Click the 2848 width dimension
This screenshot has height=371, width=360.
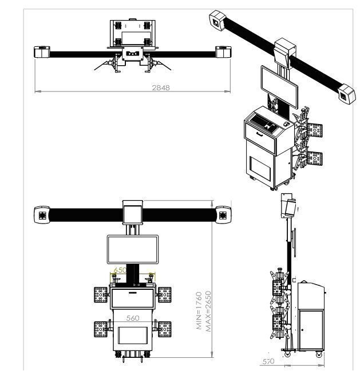(x=161, y=88)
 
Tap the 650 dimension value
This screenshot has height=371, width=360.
(x=120, y=270)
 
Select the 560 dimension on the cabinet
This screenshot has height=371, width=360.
(x=133, y=318)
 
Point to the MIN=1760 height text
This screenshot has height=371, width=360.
(x=199, y=310)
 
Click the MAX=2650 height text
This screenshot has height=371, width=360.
(x=208, y=312)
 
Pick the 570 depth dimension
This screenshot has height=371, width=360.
(x=268, y=361)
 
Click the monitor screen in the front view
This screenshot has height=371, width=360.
(x=133, y=249)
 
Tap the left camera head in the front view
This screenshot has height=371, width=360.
(x=42, y=215)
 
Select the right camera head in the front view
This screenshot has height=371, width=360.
(x=223, y=215)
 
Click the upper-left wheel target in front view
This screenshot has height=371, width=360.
(x=101, y=294)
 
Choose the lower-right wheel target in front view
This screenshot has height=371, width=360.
(x=165, y=329)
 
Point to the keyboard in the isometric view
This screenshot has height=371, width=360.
(x=263, y=122)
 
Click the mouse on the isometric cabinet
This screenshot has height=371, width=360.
(x=287, y=124)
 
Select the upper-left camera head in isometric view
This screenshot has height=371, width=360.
(x=217, y=21)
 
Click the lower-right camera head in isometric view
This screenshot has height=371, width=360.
(x=346, y=94)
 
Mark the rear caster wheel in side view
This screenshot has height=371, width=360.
(x=319, y=354)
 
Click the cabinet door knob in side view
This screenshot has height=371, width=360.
(x=302, y=330)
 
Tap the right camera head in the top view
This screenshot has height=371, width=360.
(x=223, y=52)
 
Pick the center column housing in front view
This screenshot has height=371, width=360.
(x=133, y=212)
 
